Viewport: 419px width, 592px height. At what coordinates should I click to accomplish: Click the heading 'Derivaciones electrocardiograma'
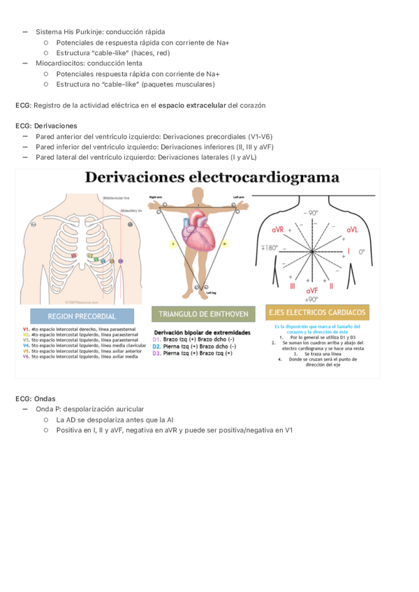212,177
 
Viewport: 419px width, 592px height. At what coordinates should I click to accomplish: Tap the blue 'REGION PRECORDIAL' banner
82,316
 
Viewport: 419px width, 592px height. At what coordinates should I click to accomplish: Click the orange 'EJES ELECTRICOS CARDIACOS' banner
317,313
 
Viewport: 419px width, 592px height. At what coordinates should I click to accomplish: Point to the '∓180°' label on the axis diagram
269,247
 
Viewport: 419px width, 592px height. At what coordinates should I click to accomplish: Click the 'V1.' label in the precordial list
26,329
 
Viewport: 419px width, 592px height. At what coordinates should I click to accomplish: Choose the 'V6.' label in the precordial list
26,357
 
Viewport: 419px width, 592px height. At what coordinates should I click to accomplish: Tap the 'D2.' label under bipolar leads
157,346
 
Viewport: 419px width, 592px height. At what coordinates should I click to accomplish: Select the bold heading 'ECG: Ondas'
35,399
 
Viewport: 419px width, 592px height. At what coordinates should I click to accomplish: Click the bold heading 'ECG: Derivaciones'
46,126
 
